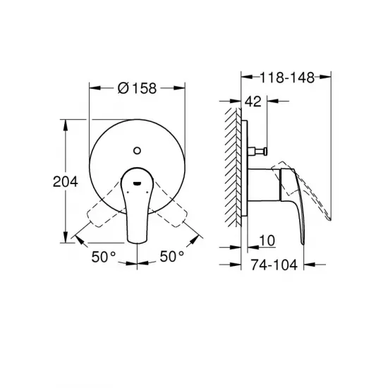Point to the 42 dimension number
255,102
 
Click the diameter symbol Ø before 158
121,88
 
